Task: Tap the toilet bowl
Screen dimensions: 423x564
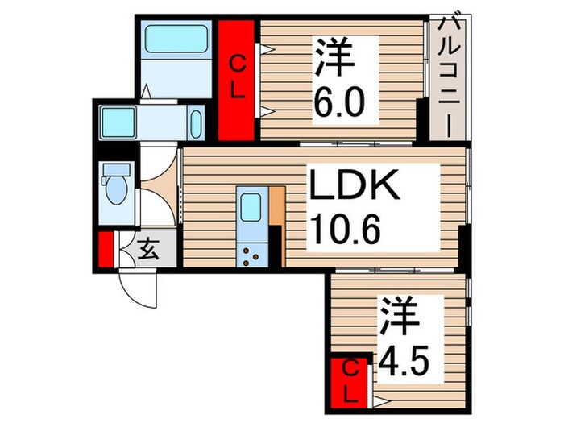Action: [x=117, y=193]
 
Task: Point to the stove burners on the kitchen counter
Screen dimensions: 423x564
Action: [x=251, y=255]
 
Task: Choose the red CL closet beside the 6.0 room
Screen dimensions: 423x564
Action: [x=238, y=79]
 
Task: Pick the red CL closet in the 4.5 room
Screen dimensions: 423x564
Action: [x=350, y=382]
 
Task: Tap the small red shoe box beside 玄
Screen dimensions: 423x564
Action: [x=105, y=250]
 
